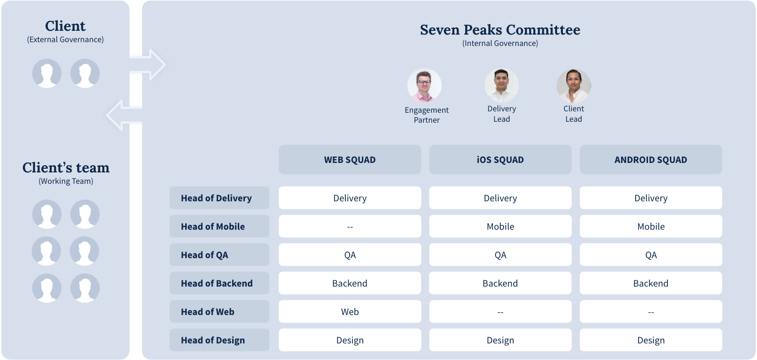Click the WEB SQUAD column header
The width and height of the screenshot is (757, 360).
point(350,160)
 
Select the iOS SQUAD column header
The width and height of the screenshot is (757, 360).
point(500,160)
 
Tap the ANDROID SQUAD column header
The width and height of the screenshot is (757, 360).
point(651,160)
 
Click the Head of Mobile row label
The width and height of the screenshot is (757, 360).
point(219,226)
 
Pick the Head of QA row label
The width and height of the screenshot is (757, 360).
point(219,254)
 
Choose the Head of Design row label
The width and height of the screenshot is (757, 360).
point(219,340)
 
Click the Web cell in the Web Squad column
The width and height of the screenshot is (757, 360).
point(350,311)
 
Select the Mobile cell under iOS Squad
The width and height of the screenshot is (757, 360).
point(500,226)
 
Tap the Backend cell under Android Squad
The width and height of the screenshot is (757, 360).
point(651,283)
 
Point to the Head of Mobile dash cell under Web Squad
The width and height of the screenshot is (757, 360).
point(350,226)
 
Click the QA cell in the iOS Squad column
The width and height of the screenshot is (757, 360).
point(500,254)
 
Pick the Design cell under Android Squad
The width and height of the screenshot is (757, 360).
point(651,340)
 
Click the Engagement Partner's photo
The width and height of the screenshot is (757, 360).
point(424,86)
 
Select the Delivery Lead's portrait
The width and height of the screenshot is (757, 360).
point(502,86)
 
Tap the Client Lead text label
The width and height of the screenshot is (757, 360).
point(574,114)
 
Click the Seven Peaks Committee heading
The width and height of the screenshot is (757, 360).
point(500,30)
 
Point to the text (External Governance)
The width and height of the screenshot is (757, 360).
point(65,39)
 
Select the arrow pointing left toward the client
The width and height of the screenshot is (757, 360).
point(124,115)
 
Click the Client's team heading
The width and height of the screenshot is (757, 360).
point(66,168)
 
